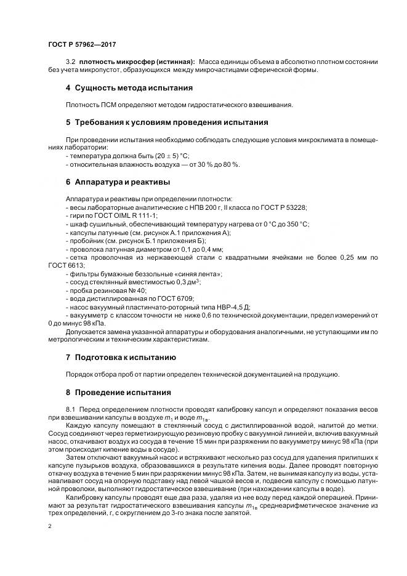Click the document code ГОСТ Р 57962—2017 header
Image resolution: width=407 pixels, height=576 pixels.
pyautogui.click(x=82, y=45)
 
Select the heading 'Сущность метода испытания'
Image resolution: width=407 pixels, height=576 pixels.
pyautogui.click(x=133, y=87)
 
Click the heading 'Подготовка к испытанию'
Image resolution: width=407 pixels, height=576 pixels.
pyautogui.click(x=125, y=357)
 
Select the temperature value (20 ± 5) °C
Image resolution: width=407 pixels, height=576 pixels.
pyautogui.click(x=153, y=156)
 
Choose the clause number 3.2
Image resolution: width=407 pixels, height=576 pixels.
pyautogui.click(x=70, y=62)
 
